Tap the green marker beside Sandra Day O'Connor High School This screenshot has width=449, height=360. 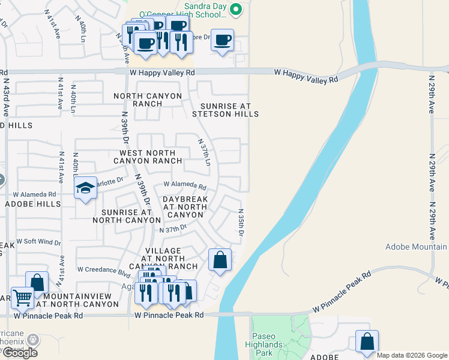[236, 8]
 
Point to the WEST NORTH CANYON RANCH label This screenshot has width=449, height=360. [147, 157]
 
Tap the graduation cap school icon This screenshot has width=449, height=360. [85, 188]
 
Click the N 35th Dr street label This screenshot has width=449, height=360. [241, 223]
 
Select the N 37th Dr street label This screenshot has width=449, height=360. [173, 229]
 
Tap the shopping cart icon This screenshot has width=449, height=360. [22, 296]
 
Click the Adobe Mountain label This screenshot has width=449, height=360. [416, 247]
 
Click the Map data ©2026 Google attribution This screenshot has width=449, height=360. [412, 355]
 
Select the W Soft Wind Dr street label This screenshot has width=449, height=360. [38, 242]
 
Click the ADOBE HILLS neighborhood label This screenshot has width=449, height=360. [32, 204]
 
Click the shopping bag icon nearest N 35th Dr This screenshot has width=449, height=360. [220, 260]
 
